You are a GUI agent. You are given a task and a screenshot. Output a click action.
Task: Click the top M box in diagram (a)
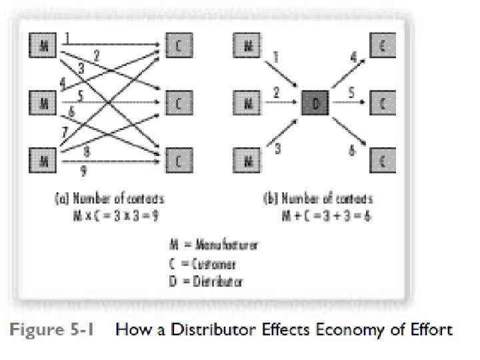[x=41, y=47]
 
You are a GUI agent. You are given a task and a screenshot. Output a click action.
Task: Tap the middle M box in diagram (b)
[x=247, y=103]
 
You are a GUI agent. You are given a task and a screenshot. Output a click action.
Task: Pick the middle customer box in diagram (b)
[x=382, y=103]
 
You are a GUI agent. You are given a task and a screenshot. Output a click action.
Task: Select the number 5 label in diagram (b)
[x=351, y=92]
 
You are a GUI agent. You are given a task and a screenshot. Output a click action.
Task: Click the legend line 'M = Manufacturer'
[x=213, y=245]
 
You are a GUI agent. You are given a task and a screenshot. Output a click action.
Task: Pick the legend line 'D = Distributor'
[x=206, y=281]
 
